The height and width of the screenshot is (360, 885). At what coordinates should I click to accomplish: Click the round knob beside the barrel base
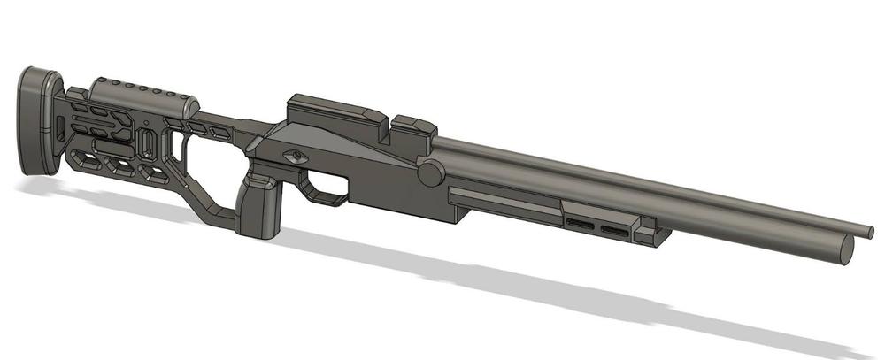(x=431, y=172)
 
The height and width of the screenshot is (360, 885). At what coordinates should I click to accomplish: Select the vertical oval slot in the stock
(x=147, y=143)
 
